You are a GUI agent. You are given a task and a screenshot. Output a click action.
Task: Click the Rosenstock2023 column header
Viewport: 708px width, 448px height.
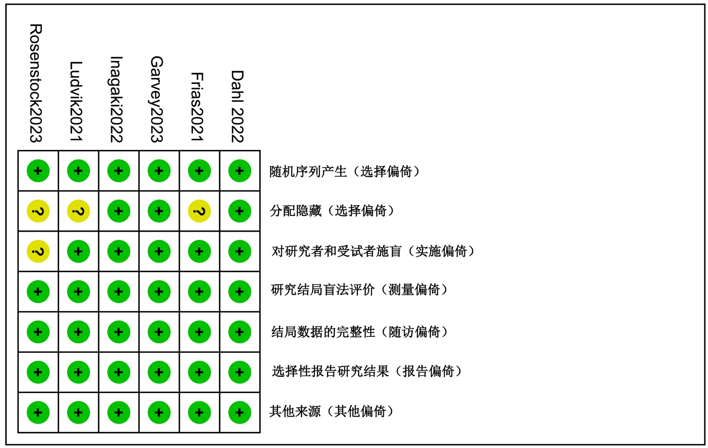coord(36,84)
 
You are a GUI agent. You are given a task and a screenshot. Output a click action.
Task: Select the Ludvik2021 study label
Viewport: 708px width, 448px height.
coord(76,102)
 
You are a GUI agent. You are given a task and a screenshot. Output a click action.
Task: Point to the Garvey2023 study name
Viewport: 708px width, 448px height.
coord(157,99)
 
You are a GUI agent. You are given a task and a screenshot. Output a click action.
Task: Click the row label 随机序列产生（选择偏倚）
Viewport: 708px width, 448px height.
coord(345,172)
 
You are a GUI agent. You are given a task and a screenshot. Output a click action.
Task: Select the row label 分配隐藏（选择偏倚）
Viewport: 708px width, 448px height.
coord(333,211)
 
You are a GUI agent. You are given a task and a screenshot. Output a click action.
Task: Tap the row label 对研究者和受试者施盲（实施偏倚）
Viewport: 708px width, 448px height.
coord(373,251)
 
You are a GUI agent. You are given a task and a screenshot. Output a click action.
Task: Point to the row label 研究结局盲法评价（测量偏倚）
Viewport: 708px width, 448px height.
coord(359,290)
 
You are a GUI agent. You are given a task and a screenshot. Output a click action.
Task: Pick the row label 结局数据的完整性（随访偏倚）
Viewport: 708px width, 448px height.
coord(360,332)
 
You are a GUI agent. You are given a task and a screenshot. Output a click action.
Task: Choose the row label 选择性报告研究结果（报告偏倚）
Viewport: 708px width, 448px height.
coord(367,371)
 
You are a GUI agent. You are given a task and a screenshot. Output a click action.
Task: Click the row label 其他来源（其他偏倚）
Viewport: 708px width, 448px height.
coord(332,411)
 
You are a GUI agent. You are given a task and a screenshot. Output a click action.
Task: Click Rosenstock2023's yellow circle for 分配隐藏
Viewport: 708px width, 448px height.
coord(38,211)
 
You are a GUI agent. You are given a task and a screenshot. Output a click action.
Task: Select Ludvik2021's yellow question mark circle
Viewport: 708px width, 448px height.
coord(78,211)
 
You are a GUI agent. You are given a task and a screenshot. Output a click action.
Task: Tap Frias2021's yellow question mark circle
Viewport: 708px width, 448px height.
coord(199,211)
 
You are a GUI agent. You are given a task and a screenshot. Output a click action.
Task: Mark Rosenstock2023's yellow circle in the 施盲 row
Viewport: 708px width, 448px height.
coord(38,251)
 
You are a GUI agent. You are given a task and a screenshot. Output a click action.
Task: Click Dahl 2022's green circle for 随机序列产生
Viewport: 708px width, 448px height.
coord(239,171)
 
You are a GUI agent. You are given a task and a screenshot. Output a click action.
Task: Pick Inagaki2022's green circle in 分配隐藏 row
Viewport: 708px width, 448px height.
coord(119,211)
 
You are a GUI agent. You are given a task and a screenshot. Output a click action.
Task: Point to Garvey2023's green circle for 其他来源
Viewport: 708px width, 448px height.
coord(159,412)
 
